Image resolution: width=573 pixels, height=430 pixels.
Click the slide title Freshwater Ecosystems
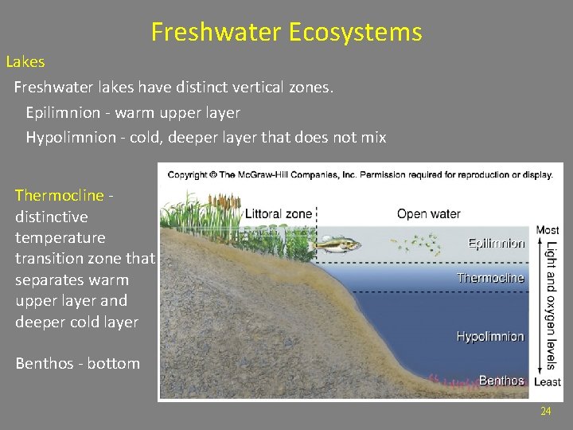286,33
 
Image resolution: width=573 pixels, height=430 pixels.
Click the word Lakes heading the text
25,61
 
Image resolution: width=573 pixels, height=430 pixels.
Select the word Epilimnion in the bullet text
59,112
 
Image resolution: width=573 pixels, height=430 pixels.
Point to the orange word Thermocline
60,195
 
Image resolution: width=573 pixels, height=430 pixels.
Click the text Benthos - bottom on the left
77,364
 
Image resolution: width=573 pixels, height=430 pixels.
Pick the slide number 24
545,411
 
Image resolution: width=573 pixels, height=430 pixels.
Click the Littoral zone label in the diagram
279,214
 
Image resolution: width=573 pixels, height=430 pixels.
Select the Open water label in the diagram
429,213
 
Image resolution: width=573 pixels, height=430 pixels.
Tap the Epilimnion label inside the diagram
496,244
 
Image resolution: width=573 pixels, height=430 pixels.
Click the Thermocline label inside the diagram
490,278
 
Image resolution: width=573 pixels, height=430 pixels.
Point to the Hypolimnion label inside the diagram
490,337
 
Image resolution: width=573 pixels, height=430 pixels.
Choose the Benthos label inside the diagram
501,381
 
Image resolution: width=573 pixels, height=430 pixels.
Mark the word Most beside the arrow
548,231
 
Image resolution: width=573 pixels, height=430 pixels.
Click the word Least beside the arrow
548,382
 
